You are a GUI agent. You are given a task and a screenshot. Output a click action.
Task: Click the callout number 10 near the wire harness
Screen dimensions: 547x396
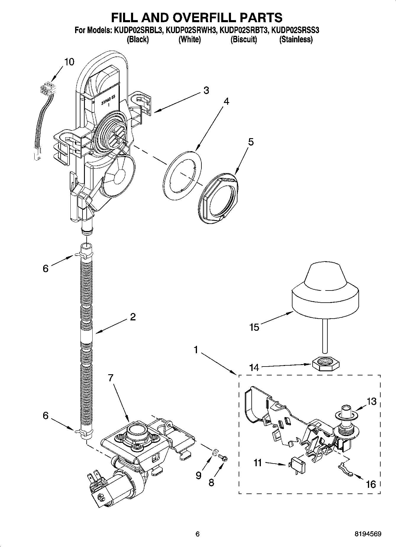(x=69, y=62)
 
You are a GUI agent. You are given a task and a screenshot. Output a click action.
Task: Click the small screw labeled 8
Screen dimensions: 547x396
(x=223, y=458)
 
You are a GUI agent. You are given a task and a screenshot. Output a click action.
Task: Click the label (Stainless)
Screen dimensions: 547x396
(x=296, y=39)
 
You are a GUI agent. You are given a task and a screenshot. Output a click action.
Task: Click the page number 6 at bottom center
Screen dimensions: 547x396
(x=198, y=534)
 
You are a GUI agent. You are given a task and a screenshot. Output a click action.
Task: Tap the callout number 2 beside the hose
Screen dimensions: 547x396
(x=133, y=317)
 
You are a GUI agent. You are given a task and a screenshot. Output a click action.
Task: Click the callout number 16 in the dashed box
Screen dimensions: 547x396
(x=371, y=484)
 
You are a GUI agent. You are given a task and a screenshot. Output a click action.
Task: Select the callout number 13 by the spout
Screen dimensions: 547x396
(x=372, y=401)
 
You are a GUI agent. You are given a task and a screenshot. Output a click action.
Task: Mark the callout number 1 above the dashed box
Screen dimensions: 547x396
(x=196, y=350)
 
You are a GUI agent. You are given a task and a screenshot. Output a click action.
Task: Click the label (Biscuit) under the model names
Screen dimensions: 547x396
(x=243, y=39)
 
